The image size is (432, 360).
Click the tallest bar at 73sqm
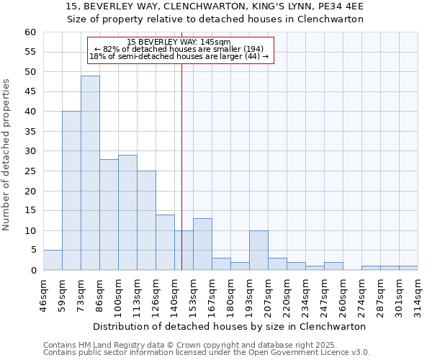point(90,173)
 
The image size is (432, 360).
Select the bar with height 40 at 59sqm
point(71,191)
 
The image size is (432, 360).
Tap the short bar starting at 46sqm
point(53,260)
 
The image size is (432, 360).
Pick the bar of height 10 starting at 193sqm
point(258,251)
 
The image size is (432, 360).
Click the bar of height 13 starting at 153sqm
point(202,244)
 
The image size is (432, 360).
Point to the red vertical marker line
point(181,166)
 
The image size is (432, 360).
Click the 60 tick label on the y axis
point(30,32)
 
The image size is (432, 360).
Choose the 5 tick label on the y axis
point(32,251)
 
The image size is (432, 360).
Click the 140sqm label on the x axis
point(174,292)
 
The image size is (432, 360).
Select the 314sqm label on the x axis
point(418,292)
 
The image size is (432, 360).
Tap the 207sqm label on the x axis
point(268,292)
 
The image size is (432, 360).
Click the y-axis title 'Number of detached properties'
point(7,155)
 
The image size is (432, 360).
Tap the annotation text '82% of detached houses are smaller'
point(179,49)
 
